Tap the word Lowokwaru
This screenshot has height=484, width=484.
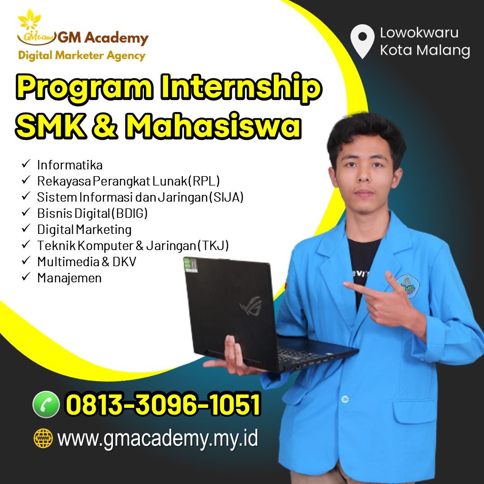click(x=419, y=33)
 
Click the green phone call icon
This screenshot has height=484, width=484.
click(x=46, y=404)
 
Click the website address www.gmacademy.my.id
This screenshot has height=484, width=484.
click(x=157, y=439)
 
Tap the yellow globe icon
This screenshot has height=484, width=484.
click(x=43, y=438)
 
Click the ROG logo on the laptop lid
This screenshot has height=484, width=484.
click(x=251, y=305)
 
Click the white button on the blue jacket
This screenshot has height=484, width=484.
click(x=345, y=399)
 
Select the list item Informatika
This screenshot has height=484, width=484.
click(x=70, y=165)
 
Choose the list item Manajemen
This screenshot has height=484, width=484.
click(x=69, y=278)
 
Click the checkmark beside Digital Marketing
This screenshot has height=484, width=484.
click(x=26, y=228)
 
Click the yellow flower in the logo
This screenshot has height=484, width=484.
click(x=30, y=20)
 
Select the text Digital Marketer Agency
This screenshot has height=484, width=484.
click(x=82, y=56)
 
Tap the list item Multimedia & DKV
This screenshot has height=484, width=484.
click(x=87, y=262)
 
